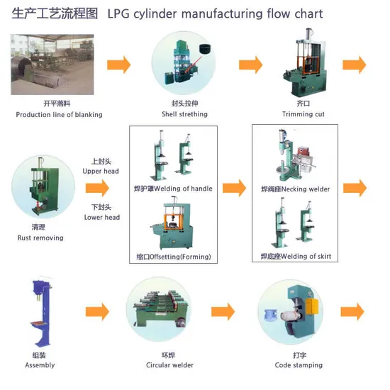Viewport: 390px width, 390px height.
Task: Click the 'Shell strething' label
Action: (x=184, y=114)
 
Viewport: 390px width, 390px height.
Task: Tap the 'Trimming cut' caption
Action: (x=303, y=114)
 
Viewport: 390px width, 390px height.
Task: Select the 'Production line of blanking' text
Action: (x=59, y=115)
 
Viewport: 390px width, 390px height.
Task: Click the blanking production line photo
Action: (x=52, y=65)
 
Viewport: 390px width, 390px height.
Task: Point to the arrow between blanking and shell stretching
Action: (x=118, y=65)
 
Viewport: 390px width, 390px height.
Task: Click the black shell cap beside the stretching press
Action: (x=205, y=48)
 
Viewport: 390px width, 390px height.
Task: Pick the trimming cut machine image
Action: (x=305, y=62)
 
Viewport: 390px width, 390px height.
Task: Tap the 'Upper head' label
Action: (x=101, y=171)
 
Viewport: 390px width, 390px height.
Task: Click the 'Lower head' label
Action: (x=102, y=218)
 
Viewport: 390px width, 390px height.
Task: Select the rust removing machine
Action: (x=44, y=187)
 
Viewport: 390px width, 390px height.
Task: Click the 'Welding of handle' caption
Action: (x=184, y=189)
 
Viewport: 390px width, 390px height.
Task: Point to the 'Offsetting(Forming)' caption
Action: (x=180, y=257)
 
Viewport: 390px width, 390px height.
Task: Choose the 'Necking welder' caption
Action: (x=306, y=189)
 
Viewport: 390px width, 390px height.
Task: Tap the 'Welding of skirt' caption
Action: (x=306, y=256)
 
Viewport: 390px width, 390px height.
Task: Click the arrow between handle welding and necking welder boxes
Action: (x=234, y=188)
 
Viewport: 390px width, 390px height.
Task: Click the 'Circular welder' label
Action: (x=169, y=365)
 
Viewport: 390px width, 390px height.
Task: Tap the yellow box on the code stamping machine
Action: (x=312, y=306)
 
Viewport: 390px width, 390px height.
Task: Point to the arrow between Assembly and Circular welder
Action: (x=97, y=311)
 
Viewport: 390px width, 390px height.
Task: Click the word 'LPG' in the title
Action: (x=118, y=13)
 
